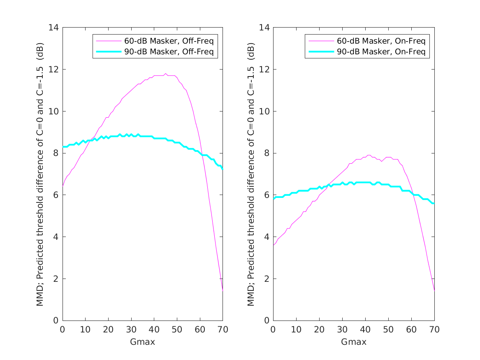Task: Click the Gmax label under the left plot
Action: pyautogui.click(x=142, y=342)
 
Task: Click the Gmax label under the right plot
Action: pyautogui.click(x=353, y=342)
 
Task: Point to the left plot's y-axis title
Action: pyautogui.click(x=40, y=174)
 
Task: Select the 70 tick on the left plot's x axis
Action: pyautogui.click(x=223, y=329)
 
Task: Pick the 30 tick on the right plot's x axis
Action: pyautogui.click(x=342, y=329)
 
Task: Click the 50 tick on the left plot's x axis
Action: pyautogui.click(x=177, y=329)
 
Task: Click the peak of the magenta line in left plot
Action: pyautogui.click(x=165, y=74)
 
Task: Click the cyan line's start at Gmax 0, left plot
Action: pyautogui.click(x=63, y=147)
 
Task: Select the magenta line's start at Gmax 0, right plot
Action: pyautogui.click(x=274, y=245)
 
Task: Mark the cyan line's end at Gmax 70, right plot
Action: pyautogui.click(x=434, y=203)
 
